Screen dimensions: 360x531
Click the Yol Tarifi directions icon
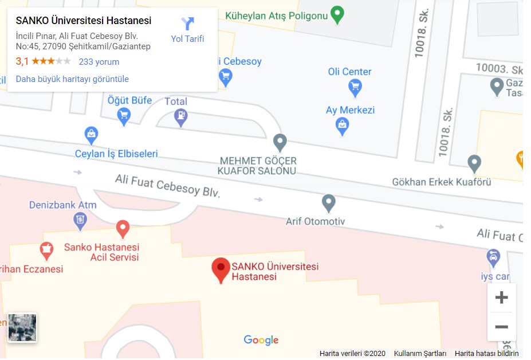click(x=187, y=24)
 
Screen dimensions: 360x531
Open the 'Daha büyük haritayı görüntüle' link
click(x=72, y=79)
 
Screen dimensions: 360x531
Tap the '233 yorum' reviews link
click(x=99, y=62)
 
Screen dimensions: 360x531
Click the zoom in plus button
click(x=501, y=298)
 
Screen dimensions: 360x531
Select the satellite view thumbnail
click(x=22, y=327)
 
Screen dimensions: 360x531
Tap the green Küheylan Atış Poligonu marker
click(x=337, y=14)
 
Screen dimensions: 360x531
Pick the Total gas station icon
click(x=181, y=117)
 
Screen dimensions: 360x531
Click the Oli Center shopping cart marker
click(x=355, y=87)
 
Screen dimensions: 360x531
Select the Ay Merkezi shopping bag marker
click(x=343, y=125)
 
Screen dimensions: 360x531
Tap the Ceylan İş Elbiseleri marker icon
click(x=91, y=136)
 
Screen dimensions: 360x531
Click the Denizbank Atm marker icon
click(x=80, y=219)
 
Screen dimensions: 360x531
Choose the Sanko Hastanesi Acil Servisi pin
click(x=123, y=229)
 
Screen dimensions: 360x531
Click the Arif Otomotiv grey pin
click(x=328, y=202)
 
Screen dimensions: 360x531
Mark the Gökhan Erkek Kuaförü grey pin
click(x=474, y=163)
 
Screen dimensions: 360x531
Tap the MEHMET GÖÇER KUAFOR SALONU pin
click(x=280, y=142)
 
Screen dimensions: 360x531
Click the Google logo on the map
click(x=261, y=340)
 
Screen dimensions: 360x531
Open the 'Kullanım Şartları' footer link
click(x=420, y=354)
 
